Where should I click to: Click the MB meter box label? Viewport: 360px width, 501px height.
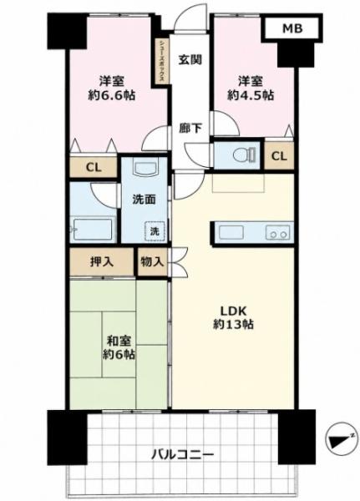pos(292,28)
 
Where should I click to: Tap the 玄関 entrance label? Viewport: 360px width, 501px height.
pos(190,59)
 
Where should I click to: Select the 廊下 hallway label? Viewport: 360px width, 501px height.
pos(190,129)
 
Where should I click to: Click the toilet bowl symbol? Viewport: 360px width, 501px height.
pos(244,155)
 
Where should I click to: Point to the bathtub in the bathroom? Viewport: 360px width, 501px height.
pos(93,229)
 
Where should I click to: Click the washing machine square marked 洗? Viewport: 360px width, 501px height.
pos(155,231)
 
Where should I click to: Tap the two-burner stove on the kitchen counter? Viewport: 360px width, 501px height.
pos(277,232)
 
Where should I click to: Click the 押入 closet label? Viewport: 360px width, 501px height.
pos(102,262)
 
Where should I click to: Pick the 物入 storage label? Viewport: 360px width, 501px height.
pos(153,262)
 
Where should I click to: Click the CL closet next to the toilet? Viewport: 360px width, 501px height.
pos(279,155)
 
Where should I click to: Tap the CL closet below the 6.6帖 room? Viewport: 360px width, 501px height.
pos(94,167)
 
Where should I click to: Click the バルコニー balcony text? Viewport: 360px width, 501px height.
pos(182,454)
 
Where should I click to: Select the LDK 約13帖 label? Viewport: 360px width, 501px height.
pos(233,317)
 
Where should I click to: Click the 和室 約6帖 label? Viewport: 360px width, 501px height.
pos(119,348)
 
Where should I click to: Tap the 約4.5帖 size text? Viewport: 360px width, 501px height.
pos(251,95)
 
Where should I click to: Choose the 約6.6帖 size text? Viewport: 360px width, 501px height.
pos(111,95)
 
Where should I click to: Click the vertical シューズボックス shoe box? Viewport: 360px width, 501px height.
pos(162,61)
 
